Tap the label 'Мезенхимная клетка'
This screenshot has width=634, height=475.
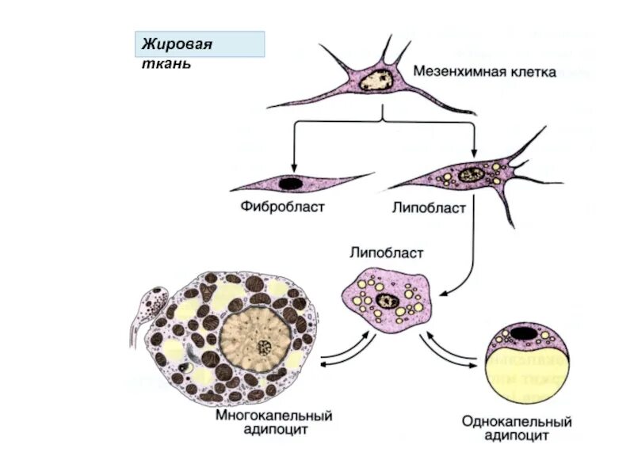(484, 71)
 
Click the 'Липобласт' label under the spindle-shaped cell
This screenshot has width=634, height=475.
(429, 208)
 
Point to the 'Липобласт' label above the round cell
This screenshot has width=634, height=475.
(387, 254)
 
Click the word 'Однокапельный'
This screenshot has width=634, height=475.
(517, 422)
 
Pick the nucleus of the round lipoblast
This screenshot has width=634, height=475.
(388, 299)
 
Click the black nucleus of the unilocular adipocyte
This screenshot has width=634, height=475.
(521, 332)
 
